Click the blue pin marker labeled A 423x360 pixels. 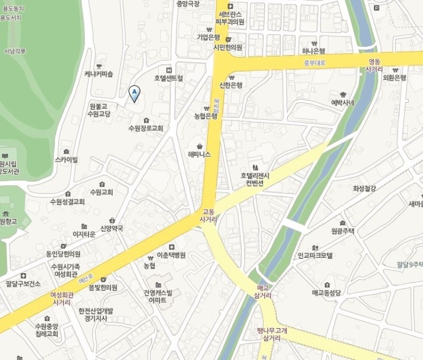click(134, 93)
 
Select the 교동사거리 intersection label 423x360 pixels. click(207, 215)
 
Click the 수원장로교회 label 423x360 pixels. click(146, 128)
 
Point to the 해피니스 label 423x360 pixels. click(199, 154)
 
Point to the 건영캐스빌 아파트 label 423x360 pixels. click(158, 295)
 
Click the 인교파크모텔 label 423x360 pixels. click(315, 255)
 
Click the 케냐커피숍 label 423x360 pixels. click(99, 74)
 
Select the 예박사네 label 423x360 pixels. click(343, 103)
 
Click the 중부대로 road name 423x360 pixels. click(314, 62)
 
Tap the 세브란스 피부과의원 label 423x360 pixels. click(230, 18)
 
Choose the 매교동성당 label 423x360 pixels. click(326, 292)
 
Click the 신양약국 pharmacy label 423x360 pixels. click(111, 228)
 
